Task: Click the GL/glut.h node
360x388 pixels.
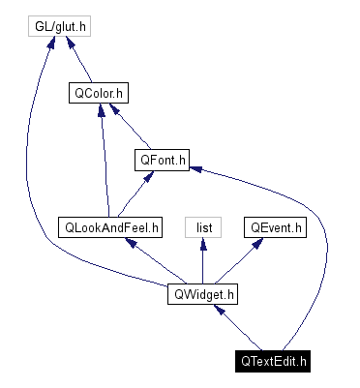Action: (57, 26)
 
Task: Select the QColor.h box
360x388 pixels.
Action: (100, 94)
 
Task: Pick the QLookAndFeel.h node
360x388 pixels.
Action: (110, 227)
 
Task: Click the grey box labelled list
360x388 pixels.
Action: (203, 227)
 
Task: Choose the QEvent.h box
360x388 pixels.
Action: (275, 227)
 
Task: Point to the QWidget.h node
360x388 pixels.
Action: (203, 294)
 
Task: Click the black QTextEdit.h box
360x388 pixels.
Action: (275, 362)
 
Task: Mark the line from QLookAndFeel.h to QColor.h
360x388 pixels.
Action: (105, 164)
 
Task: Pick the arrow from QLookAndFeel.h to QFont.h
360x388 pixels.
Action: (134, 194)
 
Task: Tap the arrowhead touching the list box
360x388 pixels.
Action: (203, 243)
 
